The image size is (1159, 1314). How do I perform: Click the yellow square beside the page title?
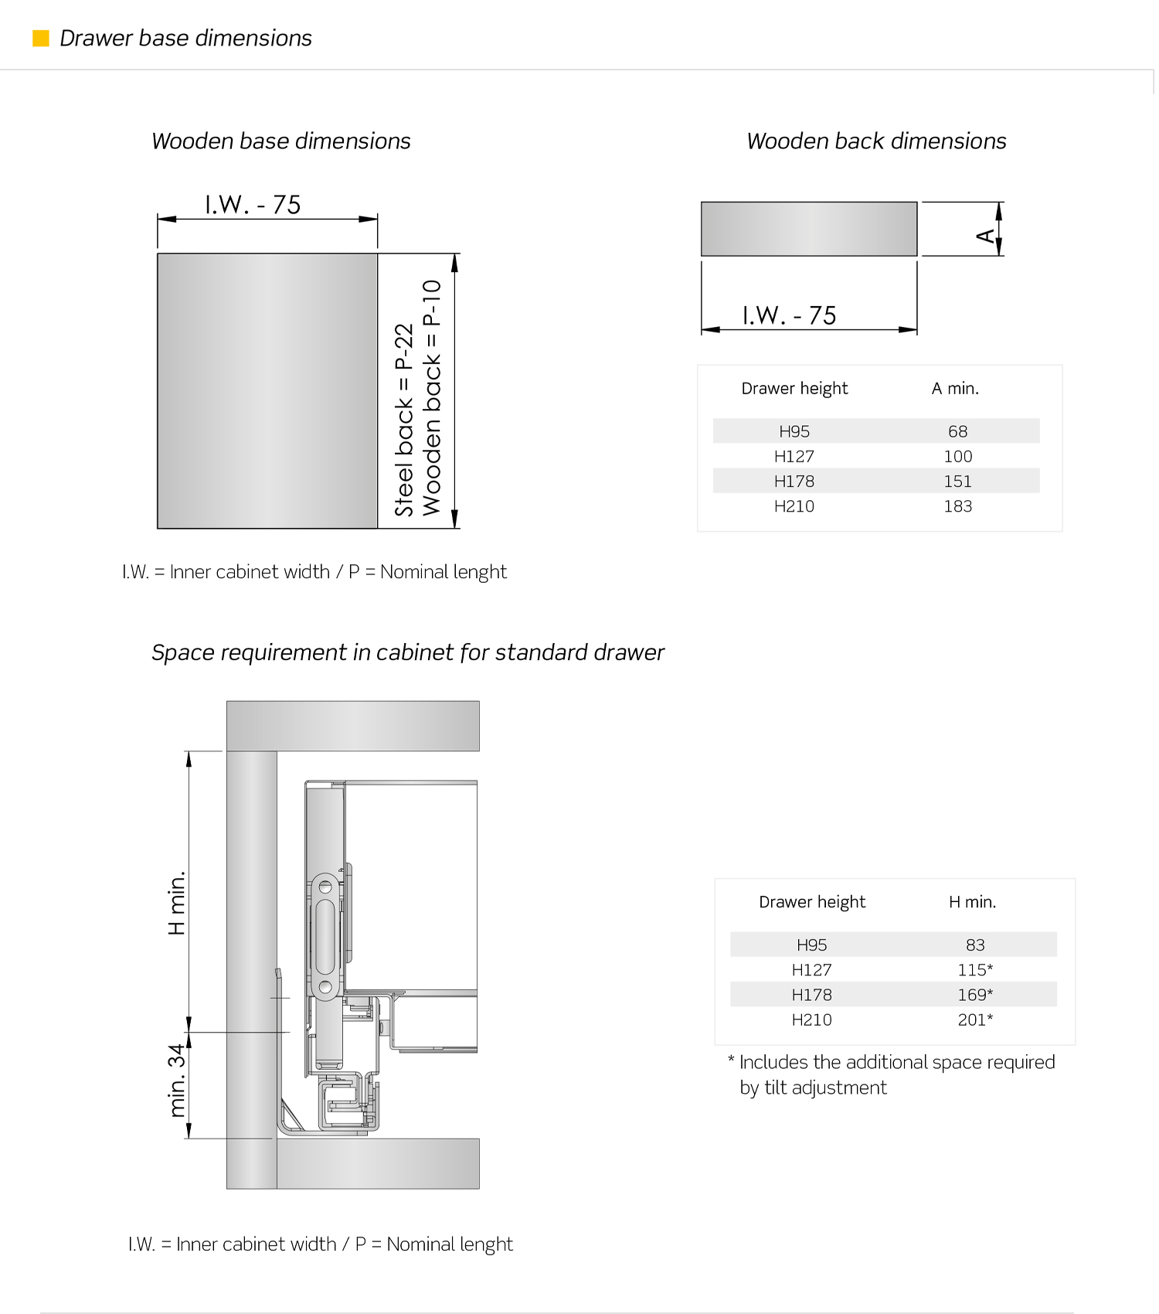click(41, 38)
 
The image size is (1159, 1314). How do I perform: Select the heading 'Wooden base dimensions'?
click(280, 141)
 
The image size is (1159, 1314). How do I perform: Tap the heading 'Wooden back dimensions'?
click(876, 141)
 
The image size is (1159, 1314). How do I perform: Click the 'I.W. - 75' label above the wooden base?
click(253, 205)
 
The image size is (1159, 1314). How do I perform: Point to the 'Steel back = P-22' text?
click(404, 420)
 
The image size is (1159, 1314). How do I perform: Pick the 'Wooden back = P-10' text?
click(431, 397)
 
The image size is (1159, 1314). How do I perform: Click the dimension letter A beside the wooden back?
click(986, 235)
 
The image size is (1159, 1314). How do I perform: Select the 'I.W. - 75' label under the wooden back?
click(789, 315)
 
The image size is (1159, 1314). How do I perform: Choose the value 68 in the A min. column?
click(957, 431)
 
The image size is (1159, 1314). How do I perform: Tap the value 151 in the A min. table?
click(957, 482)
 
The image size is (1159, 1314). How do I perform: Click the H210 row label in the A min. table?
click(794, 506)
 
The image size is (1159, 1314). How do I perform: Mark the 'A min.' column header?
click(955, 389)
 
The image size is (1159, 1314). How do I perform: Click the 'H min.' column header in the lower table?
click(972, 902)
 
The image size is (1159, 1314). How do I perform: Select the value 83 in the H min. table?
click(975, 945)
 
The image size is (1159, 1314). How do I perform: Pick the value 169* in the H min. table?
click(975, 995)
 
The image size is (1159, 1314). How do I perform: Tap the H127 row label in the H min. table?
click(811, 970)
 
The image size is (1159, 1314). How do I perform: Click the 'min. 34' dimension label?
click(177, 1081)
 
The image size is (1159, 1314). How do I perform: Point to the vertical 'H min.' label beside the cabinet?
click(177, 903)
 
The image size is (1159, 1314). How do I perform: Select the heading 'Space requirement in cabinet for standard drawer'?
click(407, 652)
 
